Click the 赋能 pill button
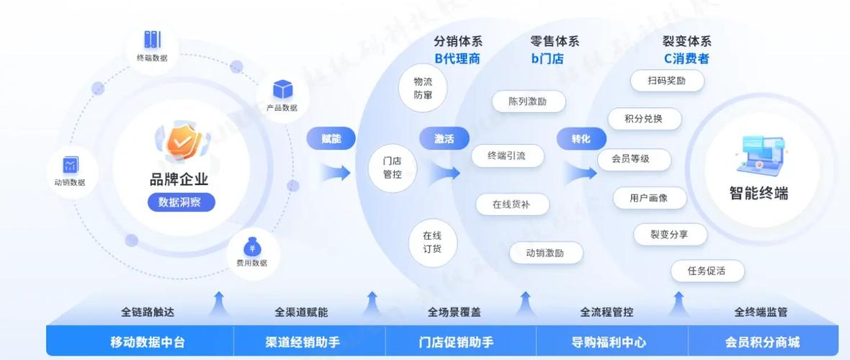331,139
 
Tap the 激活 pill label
444,139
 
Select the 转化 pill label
581,139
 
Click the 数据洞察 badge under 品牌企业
181,202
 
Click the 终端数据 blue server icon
152,40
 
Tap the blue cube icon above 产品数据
282,90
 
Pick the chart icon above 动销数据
70,165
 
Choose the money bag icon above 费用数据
251,247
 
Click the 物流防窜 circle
423,89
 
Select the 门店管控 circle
393,168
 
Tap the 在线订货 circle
432,242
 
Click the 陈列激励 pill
528,102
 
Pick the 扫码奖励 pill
666,81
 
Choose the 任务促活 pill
707,271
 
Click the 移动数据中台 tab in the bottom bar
148,342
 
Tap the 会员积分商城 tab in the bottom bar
762,342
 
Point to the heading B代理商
457,58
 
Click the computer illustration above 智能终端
759,156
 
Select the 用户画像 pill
649,197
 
